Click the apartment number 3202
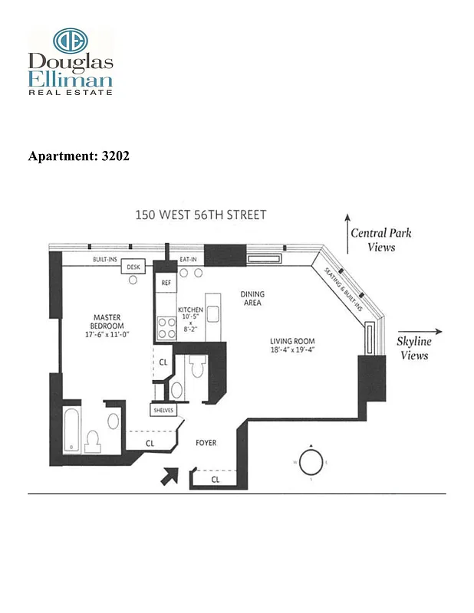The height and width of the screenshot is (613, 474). [x=114, y=156]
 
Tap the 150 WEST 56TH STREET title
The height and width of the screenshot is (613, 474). [x=201, y=215]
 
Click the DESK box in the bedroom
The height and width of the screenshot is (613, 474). [x=133, y=266]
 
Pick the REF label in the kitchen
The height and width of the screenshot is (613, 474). [x=165, y=283]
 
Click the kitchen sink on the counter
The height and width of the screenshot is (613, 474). [x=212, y=314]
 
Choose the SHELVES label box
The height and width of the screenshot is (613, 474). [x=164, y=411]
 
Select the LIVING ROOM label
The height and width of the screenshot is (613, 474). [x=291, y=342]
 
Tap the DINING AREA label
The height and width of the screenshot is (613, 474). [x=251, y=297]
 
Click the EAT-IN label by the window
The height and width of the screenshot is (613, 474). [x=188, y=259]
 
